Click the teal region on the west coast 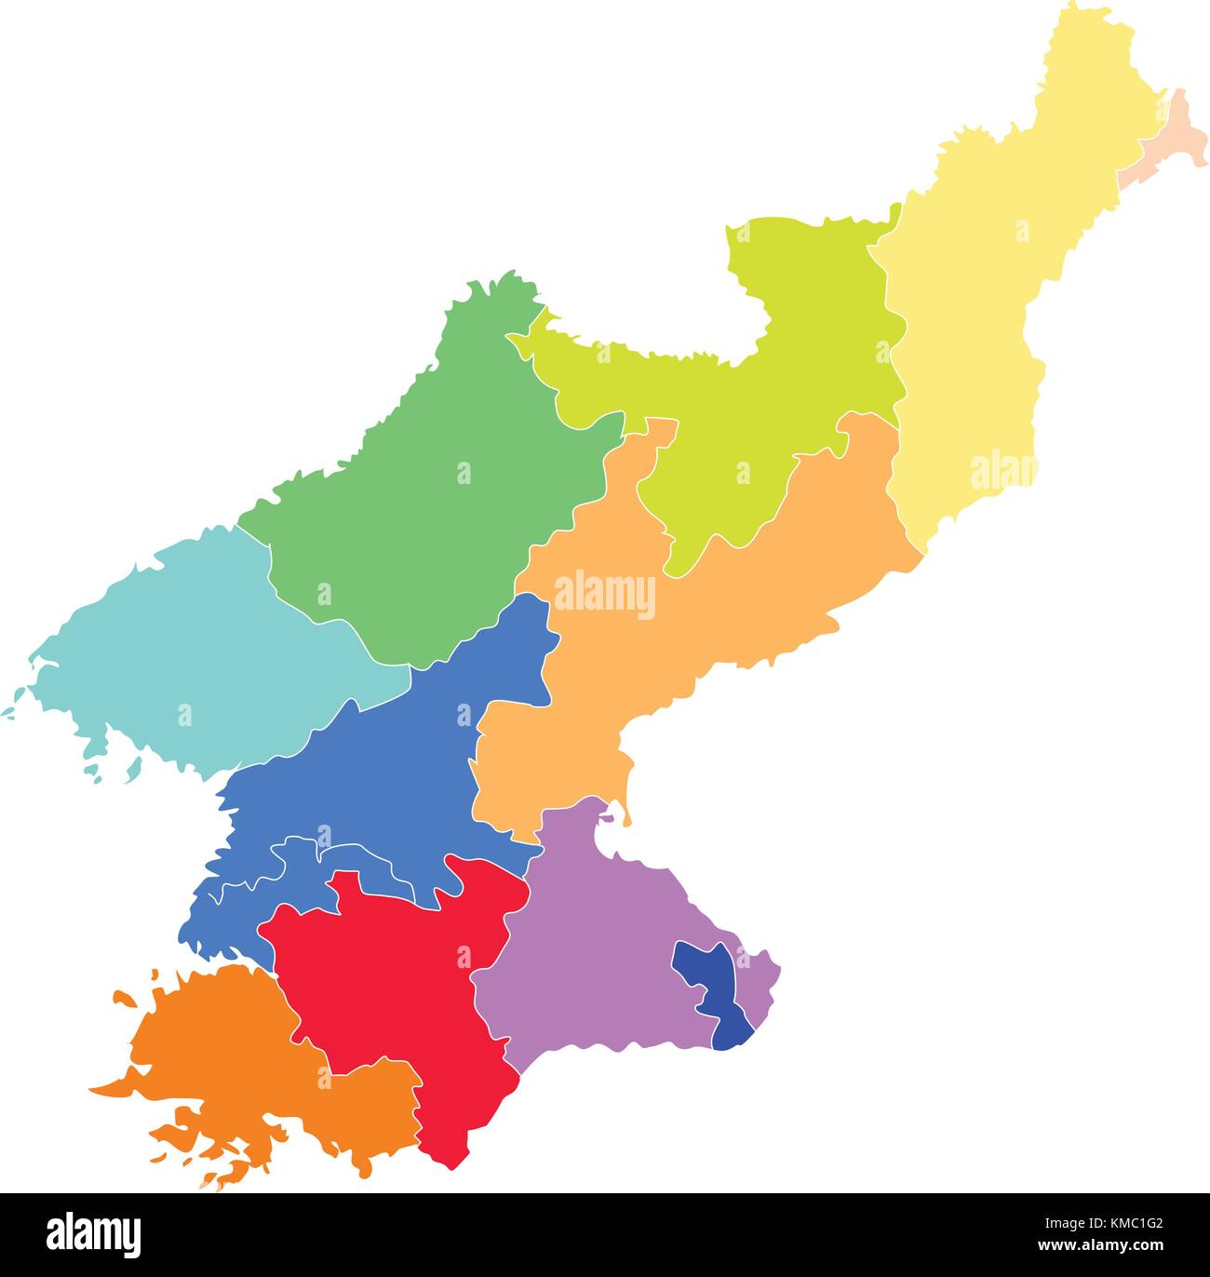tap(186, 652)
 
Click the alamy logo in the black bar tap(94, 1234)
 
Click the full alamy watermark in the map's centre tap(605, 595)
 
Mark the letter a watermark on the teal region tap(184, 715)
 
